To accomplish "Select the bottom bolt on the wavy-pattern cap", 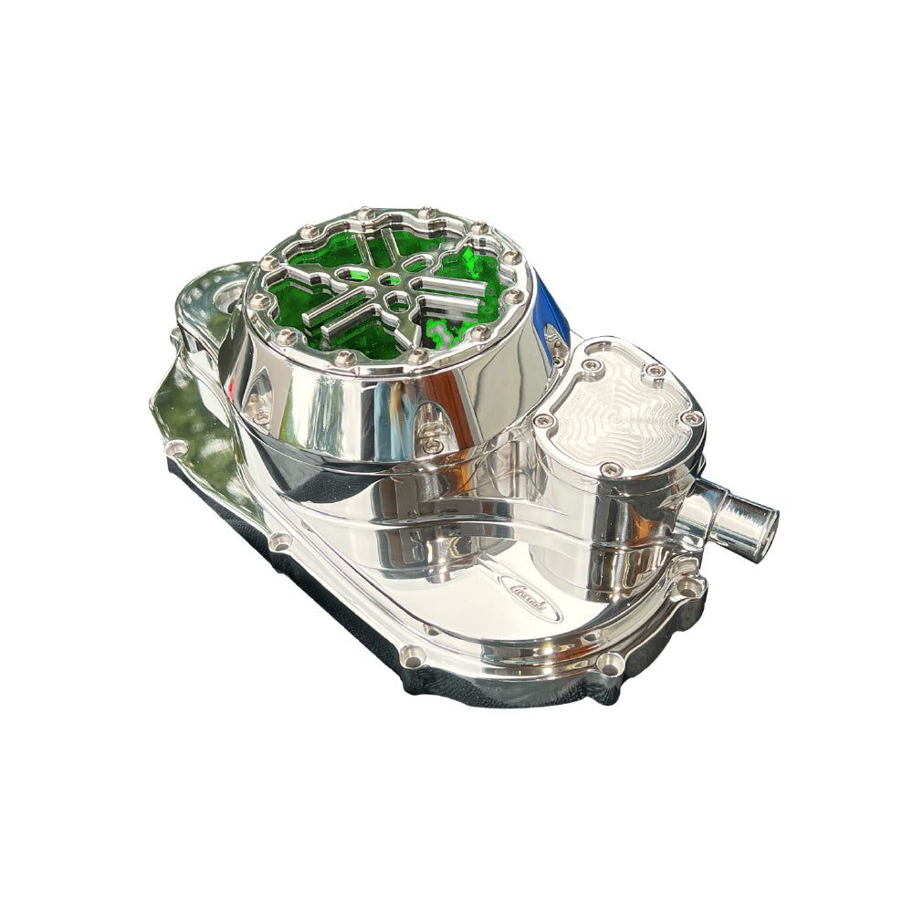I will click(613, 468).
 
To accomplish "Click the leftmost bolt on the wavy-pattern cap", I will click(546, 421).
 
